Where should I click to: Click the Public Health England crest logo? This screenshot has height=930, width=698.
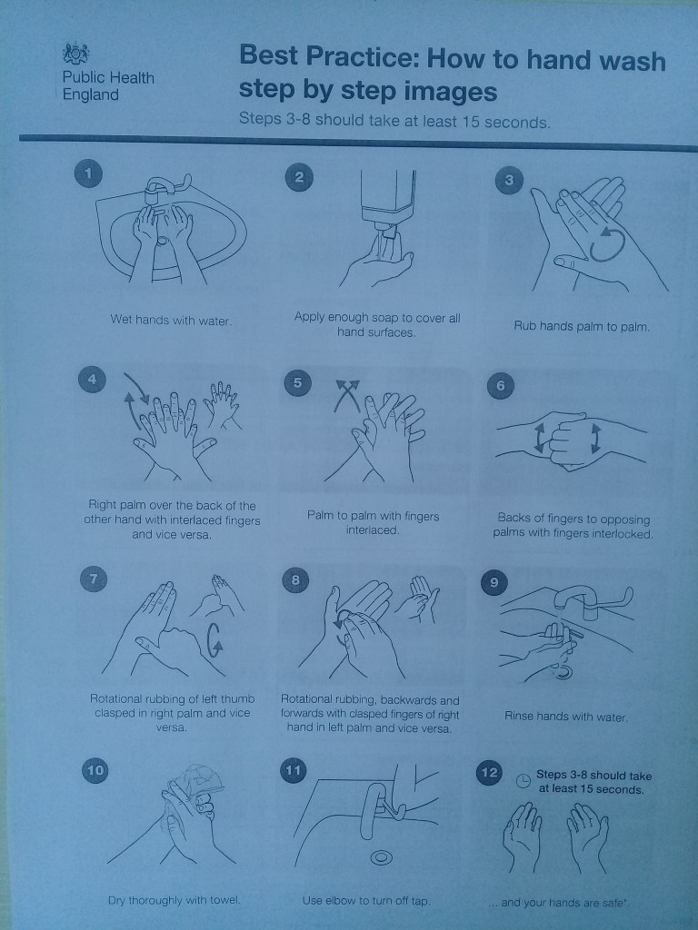coord(75,54)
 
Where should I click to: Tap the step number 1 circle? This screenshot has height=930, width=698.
coord(88,173)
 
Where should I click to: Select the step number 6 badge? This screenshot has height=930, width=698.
coord(501,385)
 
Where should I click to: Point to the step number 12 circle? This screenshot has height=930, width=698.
coord(489,773)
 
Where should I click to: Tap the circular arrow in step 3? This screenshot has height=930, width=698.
coord(606,244)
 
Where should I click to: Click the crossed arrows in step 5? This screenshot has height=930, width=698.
coord(347,394)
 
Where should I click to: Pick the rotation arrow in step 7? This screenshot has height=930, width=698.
coord(214,640)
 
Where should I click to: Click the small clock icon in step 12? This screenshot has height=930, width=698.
coord(523,780)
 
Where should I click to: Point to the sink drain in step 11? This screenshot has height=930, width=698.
coord(381,857)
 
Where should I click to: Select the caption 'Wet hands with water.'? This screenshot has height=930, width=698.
coord(171,321)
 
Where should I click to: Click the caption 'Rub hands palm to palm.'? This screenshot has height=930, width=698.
coord(582,326)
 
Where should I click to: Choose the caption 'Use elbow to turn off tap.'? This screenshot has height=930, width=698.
coord(366,900)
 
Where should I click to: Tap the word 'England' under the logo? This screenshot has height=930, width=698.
coord(90,94)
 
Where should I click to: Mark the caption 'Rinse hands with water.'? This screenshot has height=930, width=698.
coord(565,717)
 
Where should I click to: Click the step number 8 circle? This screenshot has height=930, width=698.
coord(295,579)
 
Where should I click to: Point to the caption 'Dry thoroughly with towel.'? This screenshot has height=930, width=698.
coord(174,900)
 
